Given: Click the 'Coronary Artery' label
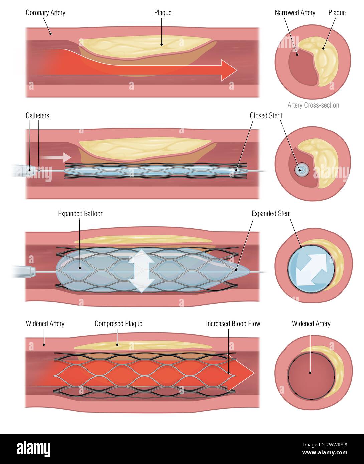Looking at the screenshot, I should click(x=45, y=13).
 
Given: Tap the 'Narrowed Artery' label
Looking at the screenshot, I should click(x=295, y=13).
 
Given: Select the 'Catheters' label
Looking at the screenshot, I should click(x=37, y=115).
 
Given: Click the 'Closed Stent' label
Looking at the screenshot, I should click(x=266, y=115).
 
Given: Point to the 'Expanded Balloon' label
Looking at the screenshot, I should click(x=80, y=214).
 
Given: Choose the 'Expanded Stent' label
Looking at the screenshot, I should click(x=271, y=214).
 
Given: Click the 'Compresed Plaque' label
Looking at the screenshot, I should click(x=118, y=324).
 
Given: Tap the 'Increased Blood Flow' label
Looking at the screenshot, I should click(x=233, y=324).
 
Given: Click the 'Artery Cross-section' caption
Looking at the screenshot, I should click(x=313, y=105).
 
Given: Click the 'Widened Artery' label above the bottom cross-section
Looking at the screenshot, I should click(x=311, y=324).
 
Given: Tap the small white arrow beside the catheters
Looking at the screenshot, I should click(x=56, y=157).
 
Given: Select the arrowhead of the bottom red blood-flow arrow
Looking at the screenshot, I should click(x=245, y=372).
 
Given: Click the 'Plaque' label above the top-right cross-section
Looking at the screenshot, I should click(x=337, y=13).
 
